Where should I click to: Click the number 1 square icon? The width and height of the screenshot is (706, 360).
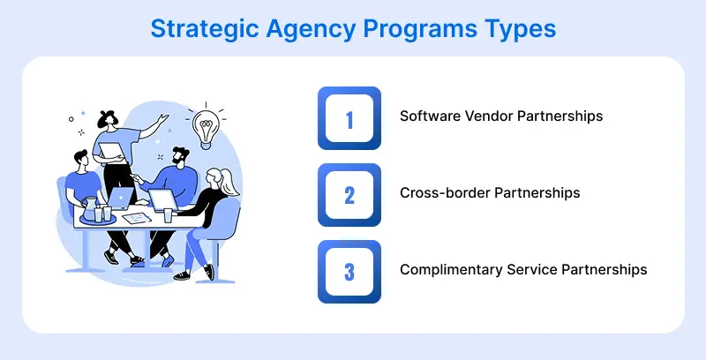click(x=349, y=118)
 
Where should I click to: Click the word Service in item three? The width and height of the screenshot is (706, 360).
click(x=529, y=269)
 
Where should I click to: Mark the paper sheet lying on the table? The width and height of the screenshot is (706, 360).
click(x=134, y=217)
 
